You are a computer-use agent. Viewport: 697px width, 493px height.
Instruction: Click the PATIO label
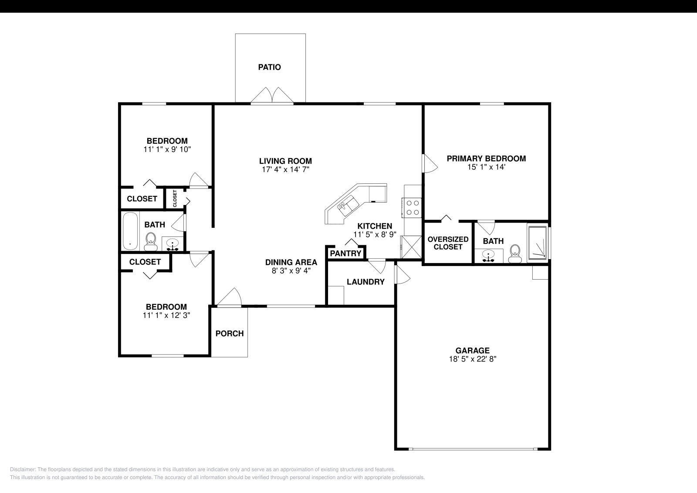(x=269, y=67)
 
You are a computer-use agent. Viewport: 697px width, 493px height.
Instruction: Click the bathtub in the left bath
(x=130, y=231)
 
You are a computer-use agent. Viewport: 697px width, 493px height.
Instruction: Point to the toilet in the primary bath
(x=515, y=253)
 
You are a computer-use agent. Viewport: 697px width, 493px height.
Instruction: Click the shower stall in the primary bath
(x=537, y=243)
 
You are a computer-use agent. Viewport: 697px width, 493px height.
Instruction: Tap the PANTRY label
(x=346, y=253)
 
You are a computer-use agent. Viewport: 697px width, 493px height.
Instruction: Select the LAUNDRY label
(x=365, y=282)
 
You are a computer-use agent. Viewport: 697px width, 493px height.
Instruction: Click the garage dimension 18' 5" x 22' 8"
(x=473, y=359)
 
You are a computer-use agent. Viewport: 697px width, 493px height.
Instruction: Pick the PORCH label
(x=230, y=334)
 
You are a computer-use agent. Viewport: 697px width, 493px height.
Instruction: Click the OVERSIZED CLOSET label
(x=448, y=243)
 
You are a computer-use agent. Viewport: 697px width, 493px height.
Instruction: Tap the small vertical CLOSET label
(x=175, y=198)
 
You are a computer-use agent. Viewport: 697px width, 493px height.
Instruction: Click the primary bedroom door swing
(x=430, y=163)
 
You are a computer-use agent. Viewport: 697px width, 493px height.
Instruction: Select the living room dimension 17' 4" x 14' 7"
(x=285, y=169)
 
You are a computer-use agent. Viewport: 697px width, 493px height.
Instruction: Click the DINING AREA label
(x=291, y=262)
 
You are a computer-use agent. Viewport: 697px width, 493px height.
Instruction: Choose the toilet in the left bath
(x=151, y=241)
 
